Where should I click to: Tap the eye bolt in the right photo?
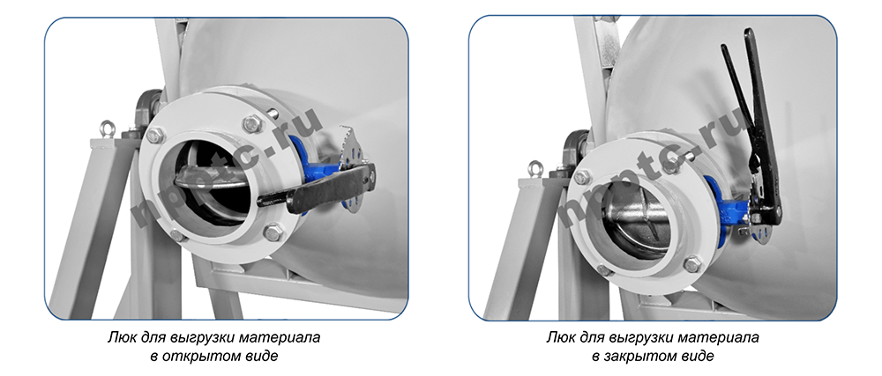coord(535,169)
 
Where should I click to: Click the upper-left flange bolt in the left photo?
coord(155,136)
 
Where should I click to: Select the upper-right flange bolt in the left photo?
coord(252,123)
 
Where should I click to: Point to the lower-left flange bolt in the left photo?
coord(178,234)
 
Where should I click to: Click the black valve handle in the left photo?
coord(316,188)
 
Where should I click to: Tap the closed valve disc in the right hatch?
coord(642,222)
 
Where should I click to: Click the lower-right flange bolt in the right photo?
coord(692,264)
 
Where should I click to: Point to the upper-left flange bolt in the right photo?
coord(581,177)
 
